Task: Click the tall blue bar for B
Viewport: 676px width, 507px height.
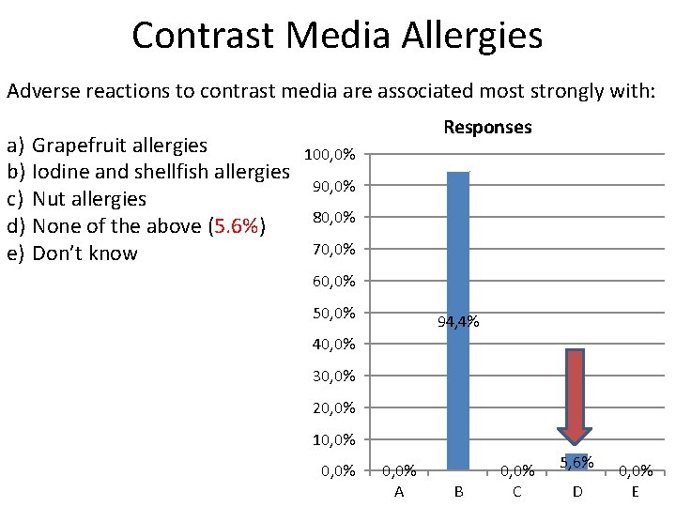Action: click(457, 319)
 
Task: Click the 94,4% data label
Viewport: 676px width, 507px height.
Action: click(458, 322)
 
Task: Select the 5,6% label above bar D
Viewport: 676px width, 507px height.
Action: click(576, 461)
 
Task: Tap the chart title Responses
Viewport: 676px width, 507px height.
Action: click(487, 127)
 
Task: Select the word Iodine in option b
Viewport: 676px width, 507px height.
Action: click(61, 172)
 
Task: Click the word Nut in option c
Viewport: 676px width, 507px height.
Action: click(50, 199)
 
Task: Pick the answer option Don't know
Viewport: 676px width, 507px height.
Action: click(84, 253)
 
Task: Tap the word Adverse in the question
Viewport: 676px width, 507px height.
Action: click(42, 91)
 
